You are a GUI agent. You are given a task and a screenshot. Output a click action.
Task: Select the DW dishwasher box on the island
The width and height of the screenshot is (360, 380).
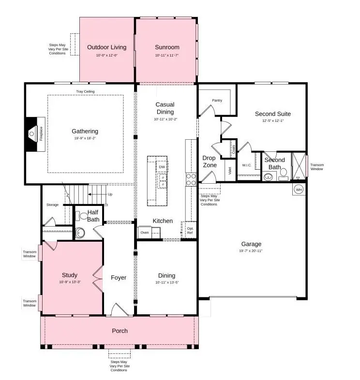tap(162, 167)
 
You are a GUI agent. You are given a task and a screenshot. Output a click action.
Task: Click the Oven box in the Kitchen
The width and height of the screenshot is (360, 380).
tap(145, 233)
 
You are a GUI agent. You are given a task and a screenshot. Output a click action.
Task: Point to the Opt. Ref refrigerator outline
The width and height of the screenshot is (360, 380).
tap(190, 231)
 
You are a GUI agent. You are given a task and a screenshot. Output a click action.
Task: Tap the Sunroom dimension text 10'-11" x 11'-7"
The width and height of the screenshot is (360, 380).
tap(167, 56)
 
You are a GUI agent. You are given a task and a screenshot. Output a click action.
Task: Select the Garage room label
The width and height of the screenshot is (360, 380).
tap(251, 244)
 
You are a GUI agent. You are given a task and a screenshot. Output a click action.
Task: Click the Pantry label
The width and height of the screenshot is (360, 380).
tap(217, 101)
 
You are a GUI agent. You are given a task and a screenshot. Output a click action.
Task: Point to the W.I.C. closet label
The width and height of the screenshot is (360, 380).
tap(246, 165)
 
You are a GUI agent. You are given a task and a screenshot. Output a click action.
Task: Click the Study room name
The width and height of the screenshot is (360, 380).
tap(70, 276)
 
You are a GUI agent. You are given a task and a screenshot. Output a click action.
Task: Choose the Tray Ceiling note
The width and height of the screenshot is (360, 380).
tap(85, 91)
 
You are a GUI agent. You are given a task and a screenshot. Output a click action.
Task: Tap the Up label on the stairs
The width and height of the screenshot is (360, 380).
tap(110, 194)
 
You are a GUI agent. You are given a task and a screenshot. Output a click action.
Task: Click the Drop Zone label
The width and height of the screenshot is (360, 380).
tap(209, 161)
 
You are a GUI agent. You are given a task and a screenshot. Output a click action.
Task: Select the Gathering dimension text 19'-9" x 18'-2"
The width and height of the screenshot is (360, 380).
tap(85, 138)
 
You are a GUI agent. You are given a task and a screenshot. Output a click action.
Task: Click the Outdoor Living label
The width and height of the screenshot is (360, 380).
tap(106, 47)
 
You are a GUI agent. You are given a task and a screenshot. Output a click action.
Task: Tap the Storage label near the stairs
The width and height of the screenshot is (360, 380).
tap(52, 205)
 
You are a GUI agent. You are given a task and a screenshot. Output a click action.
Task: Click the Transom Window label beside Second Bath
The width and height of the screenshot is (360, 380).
tap(317, 167)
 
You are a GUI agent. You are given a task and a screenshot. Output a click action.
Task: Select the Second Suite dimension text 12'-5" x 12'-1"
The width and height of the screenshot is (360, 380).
tap(272, 121)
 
